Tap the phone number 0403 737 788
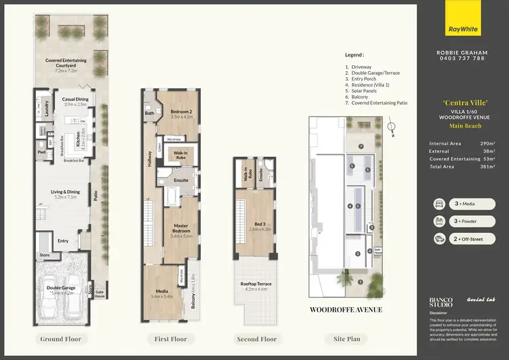460,59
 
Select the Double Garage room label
60,288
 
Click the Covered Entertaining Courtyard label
66,63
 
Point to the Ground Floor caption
60,338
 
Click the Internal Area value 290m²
487,143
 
